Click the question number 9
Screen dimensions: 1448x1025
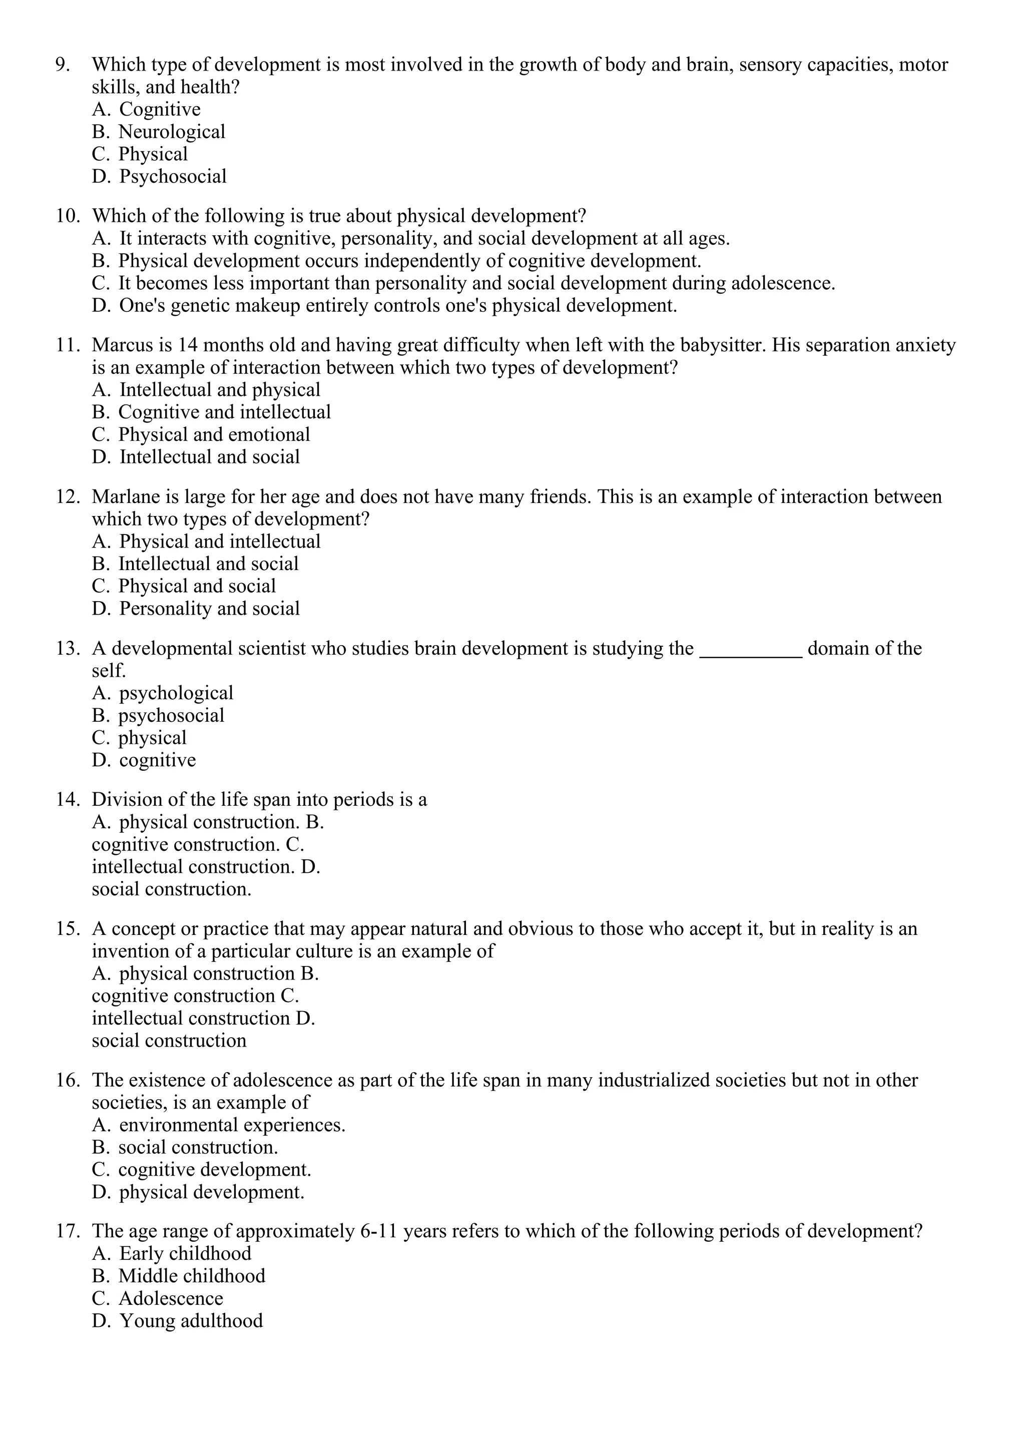(63, 65)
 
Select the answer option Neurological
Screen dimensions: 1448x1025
(171, 132)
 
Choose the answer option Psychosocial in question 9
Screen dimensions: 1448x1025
(172, 177)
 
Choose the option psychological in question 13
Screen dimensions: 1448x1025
(176, 693)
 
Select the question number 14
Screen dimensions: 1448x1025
(68, 800)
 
